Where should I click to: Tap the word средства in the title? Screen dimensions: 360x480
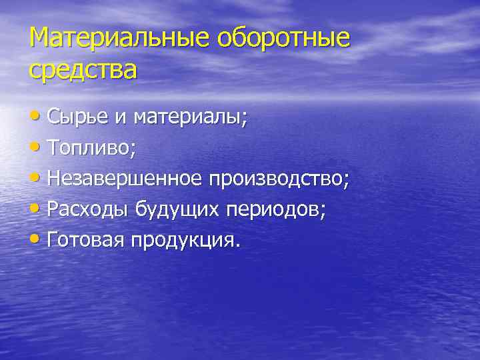tap(83, 69)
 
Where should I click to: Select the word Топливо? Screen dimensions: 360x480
tap(91, 148)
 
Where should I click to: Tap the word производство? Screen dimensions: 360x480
tap(279, 179)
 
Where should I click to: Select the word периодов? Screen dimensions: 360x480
tap(273, 209)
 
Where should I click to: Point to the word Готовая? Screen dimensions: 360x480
tap(86, 239)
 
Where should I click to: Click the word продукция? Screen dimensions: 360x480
tap(183, 239)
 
